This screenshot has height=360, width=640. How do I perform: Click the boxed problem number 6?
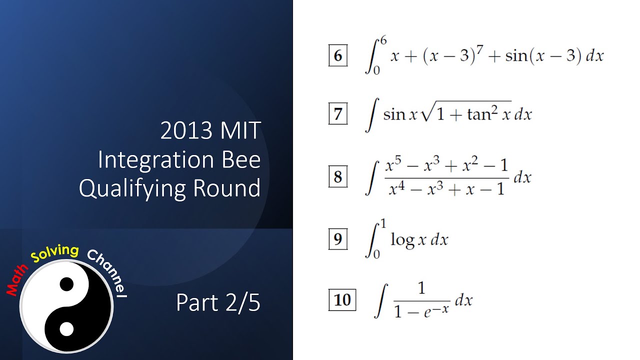(338, 56)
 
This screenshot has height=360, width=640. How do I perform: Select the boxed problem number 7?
(338, 114)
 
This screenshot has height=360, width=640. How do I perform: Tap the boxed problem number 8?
(338, 177)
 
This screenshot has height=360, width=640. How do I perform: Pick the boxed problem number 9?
(338, 239)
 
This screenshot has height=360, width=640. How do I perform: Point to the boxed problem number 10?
(342, 300)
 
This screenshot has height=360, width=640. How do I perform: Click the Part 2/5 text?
(218, 303)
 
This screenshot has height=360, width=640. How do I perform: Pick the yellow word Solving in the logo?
(55, 253)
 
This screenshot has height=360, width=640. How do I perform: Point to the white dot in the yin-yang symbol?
(66, 329)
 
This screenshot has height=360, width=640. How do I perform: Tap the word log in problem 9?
(402, 240)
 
